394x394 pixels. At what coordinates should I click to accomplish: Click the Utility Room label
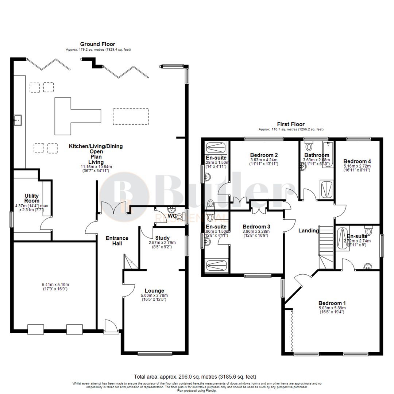click(x=32, y=198)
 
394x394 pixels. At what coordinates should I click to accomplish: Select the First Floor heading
click(x=291, y=124)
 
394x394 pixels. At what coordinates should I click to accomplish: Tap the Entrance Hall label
click(x=117, y=241)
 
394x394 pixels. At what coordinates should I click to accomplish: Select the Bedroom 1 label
click(x=332, y=303)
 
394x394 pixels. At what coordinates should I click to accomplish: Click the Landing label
click(x=309, y=231)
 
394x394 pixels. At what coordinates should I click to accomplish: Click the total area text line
click(x=195, y=376)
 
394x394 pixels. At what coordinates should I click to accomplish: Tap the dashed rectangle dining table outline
click(x=131, y=116)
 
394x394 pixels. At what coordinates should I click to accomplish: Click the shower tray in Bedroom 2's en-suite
click(x=217, y=147)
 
